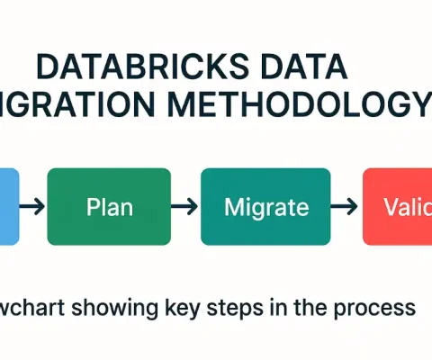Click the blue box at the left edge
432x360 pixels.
point(8,206)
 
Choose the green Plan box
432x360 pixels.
point(109,206)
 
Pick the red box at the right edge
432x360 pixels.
point(397,206)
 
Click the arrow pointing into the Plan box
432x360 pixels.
point(32,207)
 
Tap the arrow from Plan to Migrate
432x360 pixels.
point(184,207)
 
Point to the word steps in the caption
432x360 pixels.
point(237,308)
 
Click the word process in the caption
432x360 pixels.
point(377,309)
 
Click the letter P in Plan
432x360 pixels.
point(93,206)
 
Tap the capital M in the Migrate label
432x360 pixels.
point(233,206)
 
